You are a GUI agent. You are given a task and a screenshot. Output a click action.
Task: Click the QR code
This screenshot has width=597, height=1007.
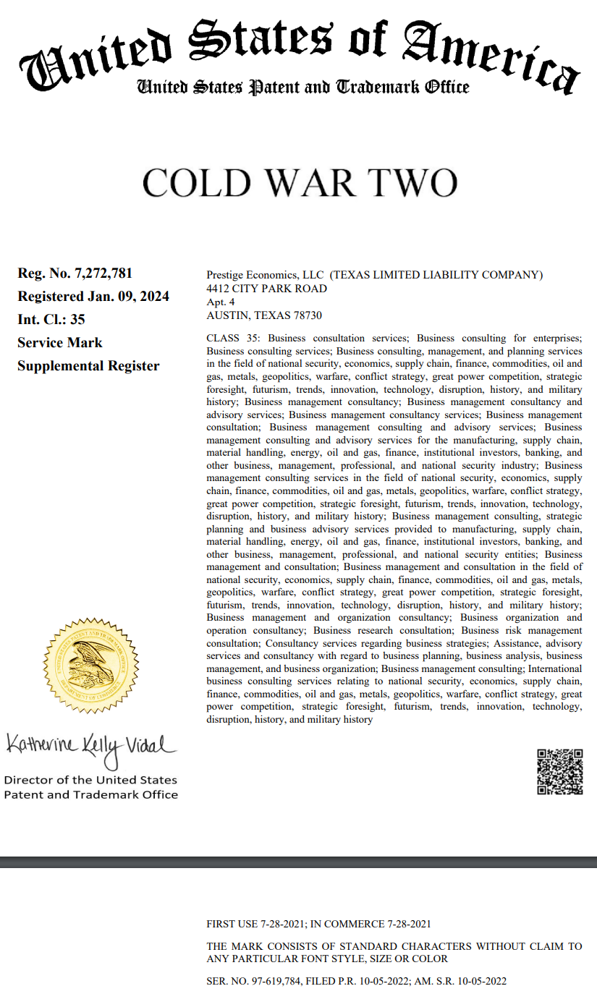click(559, 772)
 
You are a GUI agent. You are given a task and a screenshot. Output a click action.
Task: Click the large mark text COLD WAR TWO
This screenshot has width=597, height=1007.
click(300, 183)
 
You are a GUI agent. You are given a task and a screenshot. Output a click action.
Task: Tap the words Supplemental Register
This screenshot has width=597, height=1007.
click(88, 366)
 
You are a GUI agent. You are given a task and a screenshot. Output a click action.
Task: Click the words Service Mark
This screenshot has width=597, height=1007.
click(60, 343)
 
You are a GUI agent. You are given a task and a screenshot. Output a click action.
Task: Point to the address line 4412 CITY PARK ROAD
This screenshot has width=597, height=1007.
click(266, 289)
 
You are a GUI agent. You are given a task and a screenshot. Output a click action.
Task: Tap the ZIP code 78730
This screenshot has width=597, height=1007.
click(308, 315)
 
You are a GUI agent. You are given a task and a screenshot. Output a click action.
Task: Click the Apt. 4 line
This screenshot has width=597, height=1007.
click(220, 302)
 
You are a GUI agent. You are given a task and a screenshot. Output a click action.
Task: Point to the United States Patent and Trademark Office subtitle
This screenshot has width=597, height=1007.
click(303, 88)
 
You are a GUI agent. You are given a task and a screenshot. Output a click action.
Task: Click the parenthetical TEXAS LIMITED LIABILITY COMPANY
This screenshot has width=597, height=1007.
click(436, 275)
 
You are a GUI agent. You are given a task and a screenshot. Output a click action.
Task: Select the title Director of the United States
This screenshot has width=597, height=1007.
click(90, 780)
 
